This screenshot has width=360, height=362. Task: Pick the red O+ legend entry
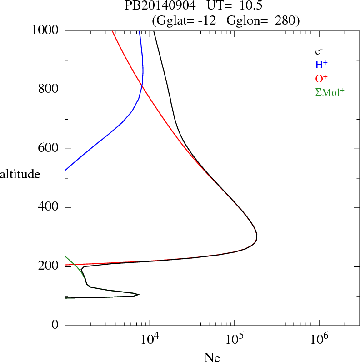(321, 78)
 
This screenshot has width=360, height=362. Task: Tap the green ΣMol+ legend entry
(330, 92)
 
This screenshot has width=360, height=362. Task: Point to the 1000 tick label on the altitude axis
(46, 30)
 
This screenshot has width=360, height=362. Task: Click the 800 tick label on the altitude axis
(49, 90)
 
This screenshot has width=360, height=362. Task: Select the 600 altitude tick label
(49, 149)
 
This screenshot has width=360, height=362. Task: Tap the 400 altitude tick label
(49, 208)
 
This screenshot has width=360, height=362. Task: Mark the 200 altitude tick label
(49, 266)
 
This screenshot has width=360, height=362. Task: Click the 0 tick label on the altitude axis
(55, 325)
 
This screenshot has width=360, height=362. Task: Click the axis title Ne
(212, 358)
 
